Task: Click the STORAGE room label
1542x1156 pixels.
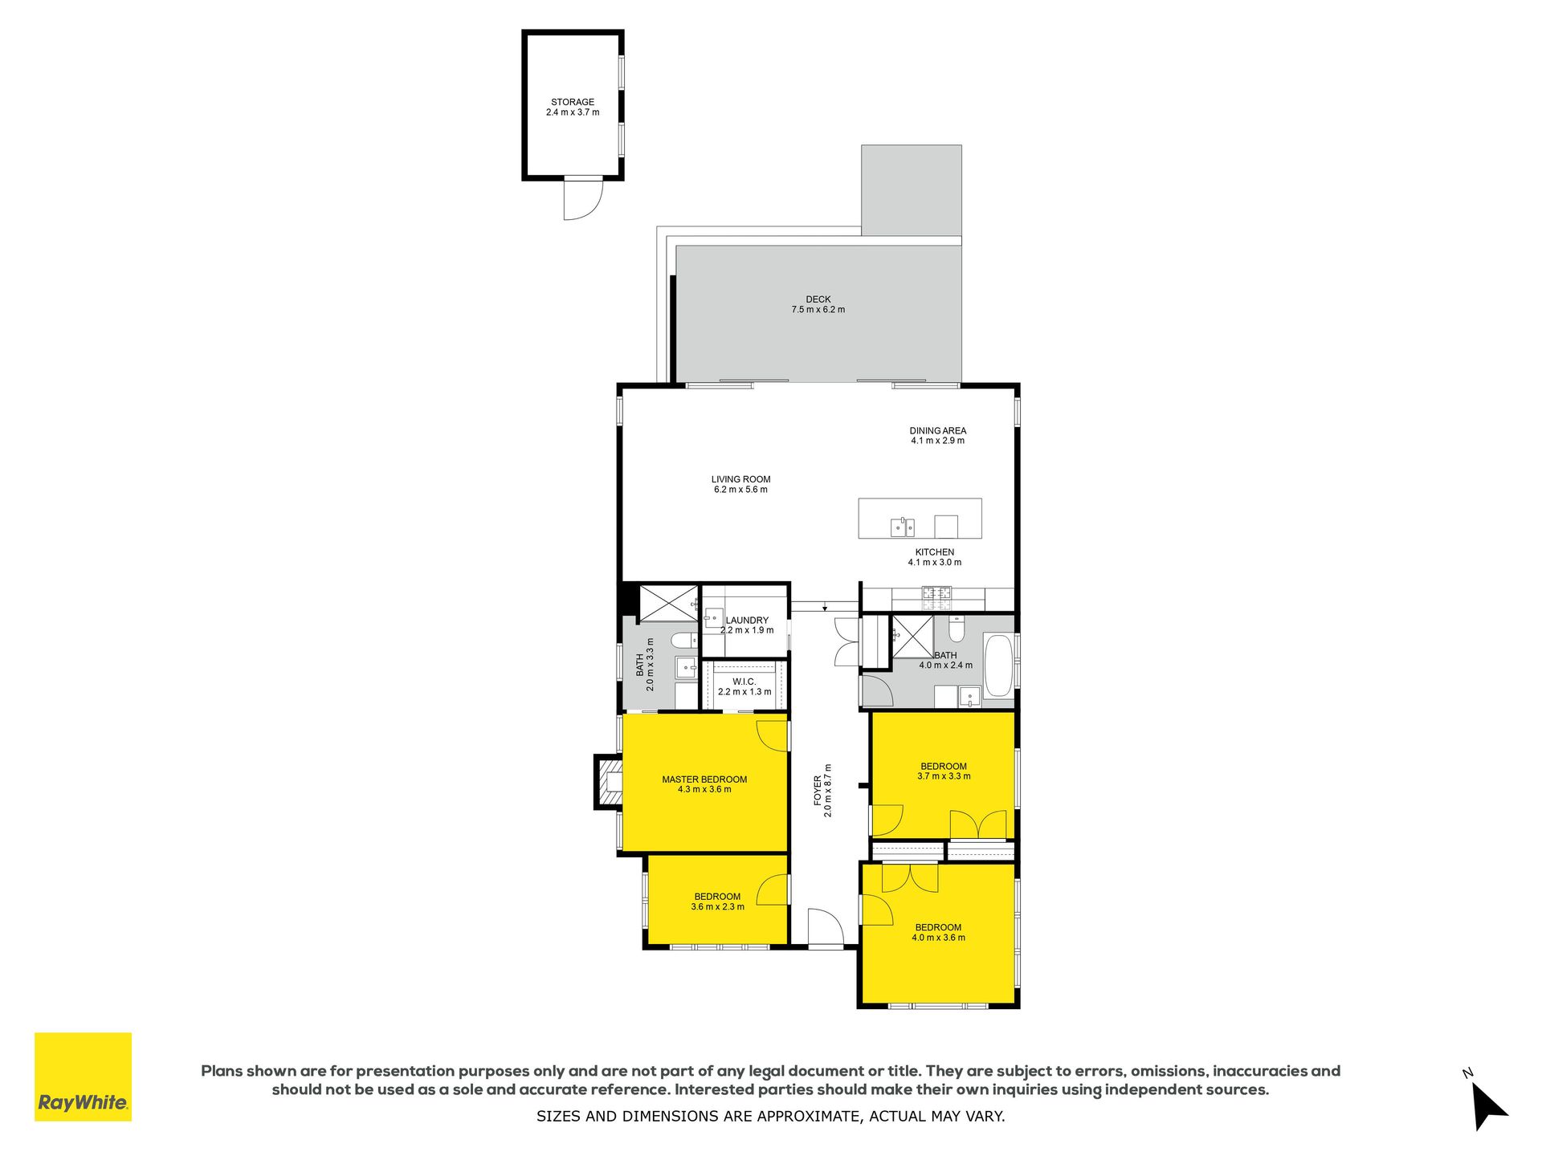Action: pos(573,102)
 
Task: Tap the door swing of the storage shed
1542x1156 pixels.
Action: pos(582,199)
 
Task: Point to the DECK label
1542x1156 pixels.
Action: pos(818,299)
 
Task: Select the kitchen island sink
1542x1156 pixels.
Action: pos(903,527)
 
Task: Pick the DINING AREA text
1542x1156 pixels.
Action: pos(938,431)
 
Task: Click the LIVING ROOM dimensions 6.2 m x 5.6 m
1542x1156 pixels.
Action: pos(740,490)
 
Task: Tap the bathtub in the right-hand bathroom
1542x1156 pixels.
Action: pos(998,666)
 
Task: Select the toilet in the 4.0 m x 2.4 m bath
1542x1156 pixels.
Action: pos(956,629)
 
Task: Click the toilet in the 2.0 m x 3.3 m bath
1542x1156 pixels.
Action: pos(684,640)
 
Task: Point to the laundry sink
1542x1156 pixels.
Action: pos(714,617)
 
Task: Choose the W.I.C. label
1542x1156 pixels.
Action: pos(744,682)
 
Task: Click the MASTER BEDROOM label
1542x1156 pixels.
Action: pos(704,779)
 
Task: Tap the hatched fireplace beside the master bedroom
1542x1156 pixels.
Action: pos(608,782)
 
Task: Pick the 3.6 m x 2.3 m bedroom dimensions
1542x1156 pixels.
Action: pos(717,907)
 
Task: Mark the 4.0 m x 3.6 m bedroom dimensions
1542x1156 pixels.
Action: pos(938,938)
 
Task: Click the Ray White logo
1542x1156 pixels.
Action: pos(83,1077)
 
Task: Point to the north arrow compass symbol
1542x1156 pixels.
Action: pos(1488,1105)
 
